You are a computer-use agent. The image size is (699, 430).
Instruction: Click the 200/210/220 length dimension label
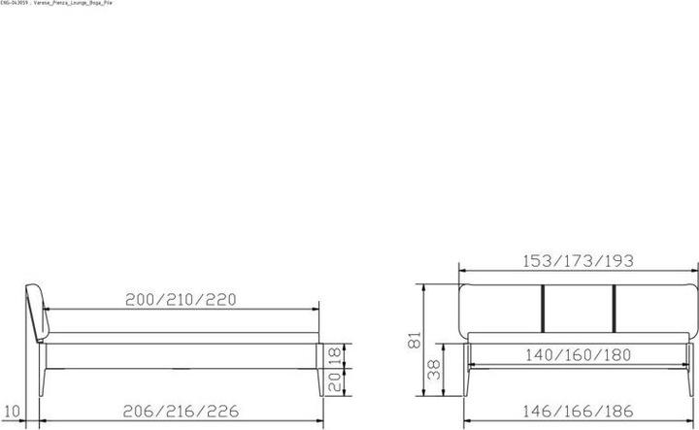182,299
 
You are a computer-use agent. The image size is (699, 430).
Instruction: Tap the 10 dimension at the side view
12,411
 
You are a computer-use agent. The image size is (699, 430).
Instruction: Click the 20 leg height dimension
333,382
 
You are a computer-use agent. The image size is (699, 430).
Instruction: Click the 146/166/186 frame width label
578,411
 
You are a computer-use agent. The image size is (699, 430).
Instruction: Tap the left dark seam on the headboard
542,306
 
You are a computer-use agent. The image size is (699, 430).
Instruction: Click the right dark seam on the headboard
615,306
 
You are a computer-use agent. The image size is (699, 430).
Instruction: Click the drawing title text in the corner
55,4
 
